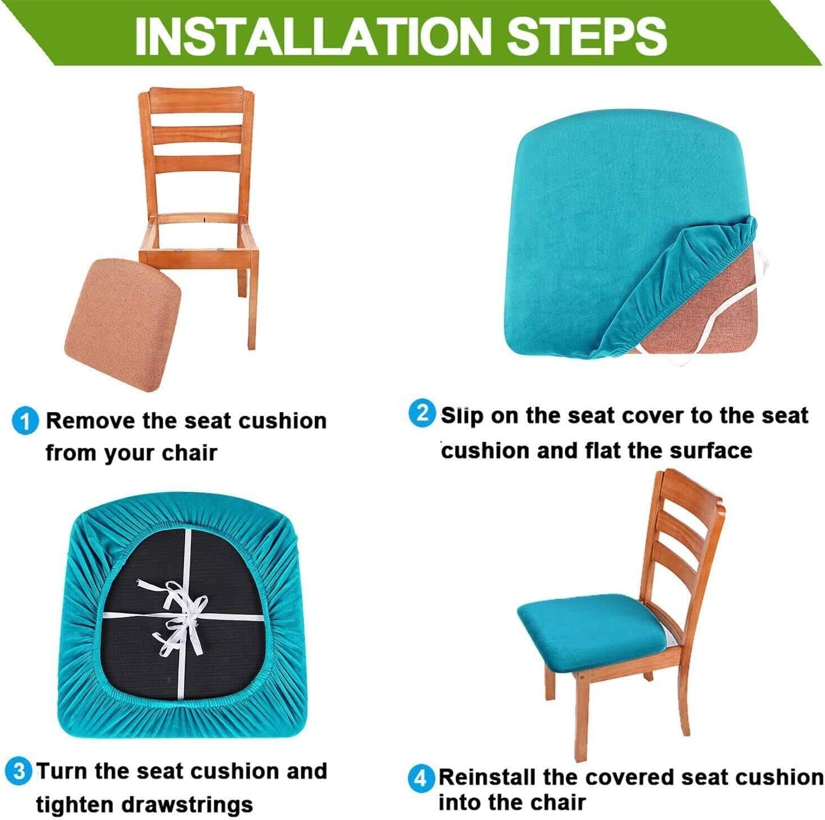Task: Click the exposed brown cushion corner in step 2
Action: [x=702, y=317]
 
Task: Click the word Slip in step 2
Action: [x=462, y=416]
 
